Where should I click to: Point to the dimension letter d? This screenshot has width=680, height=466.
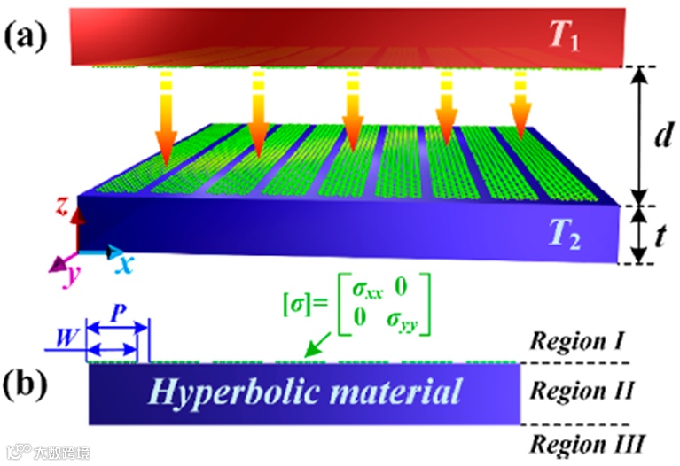657,136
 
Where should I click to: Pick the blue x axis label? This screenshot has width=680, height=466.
126,263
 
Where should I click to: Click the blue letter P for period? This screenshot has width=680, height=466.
116,315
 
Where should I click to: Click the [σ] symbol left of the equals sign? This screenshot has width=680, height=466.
293,306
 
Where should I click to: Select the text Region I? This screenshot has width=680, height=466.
580,340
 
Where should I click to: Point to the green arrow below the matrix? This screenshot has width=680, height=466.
317,350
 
